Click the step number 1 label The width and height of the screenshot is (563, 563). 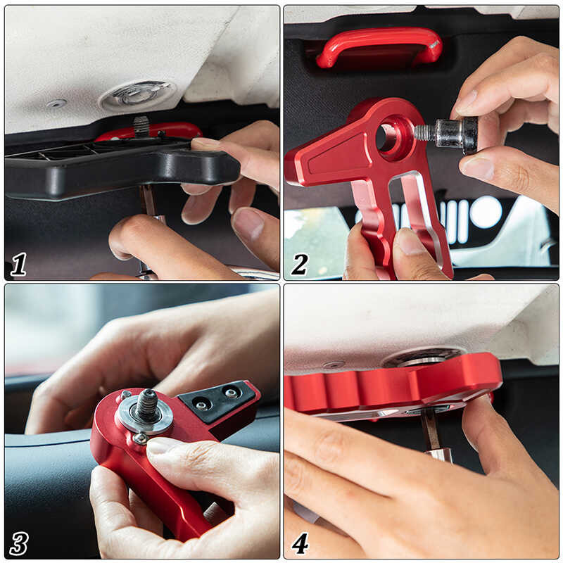19,264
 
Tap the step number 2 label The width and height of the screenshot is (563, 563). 300,264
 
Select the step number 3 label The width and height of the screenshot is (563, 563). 19,543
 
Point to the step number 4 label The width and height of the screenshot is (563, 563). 300,543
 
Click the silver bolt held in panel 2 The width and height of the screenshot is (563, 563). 446,133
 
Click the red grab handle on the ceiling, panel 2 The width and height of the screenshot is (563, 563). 379,46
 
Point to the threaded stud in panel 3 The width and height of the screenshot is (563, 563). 147,405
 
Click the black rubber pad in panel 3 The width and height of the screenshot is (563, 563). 217,398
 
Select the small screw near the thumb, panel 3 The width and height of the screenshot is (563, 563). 139,438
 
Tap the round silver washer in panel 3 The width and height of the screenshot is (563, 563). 146,417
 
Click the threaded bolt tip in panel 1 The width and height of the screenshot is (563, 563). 141,126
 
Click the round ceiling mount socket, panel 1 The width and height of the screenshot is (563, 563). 137,94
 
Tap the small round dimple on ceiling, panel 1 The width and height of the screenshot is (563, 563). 56,103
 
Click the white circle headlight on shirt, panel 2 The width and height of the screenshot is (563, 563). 486,213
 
